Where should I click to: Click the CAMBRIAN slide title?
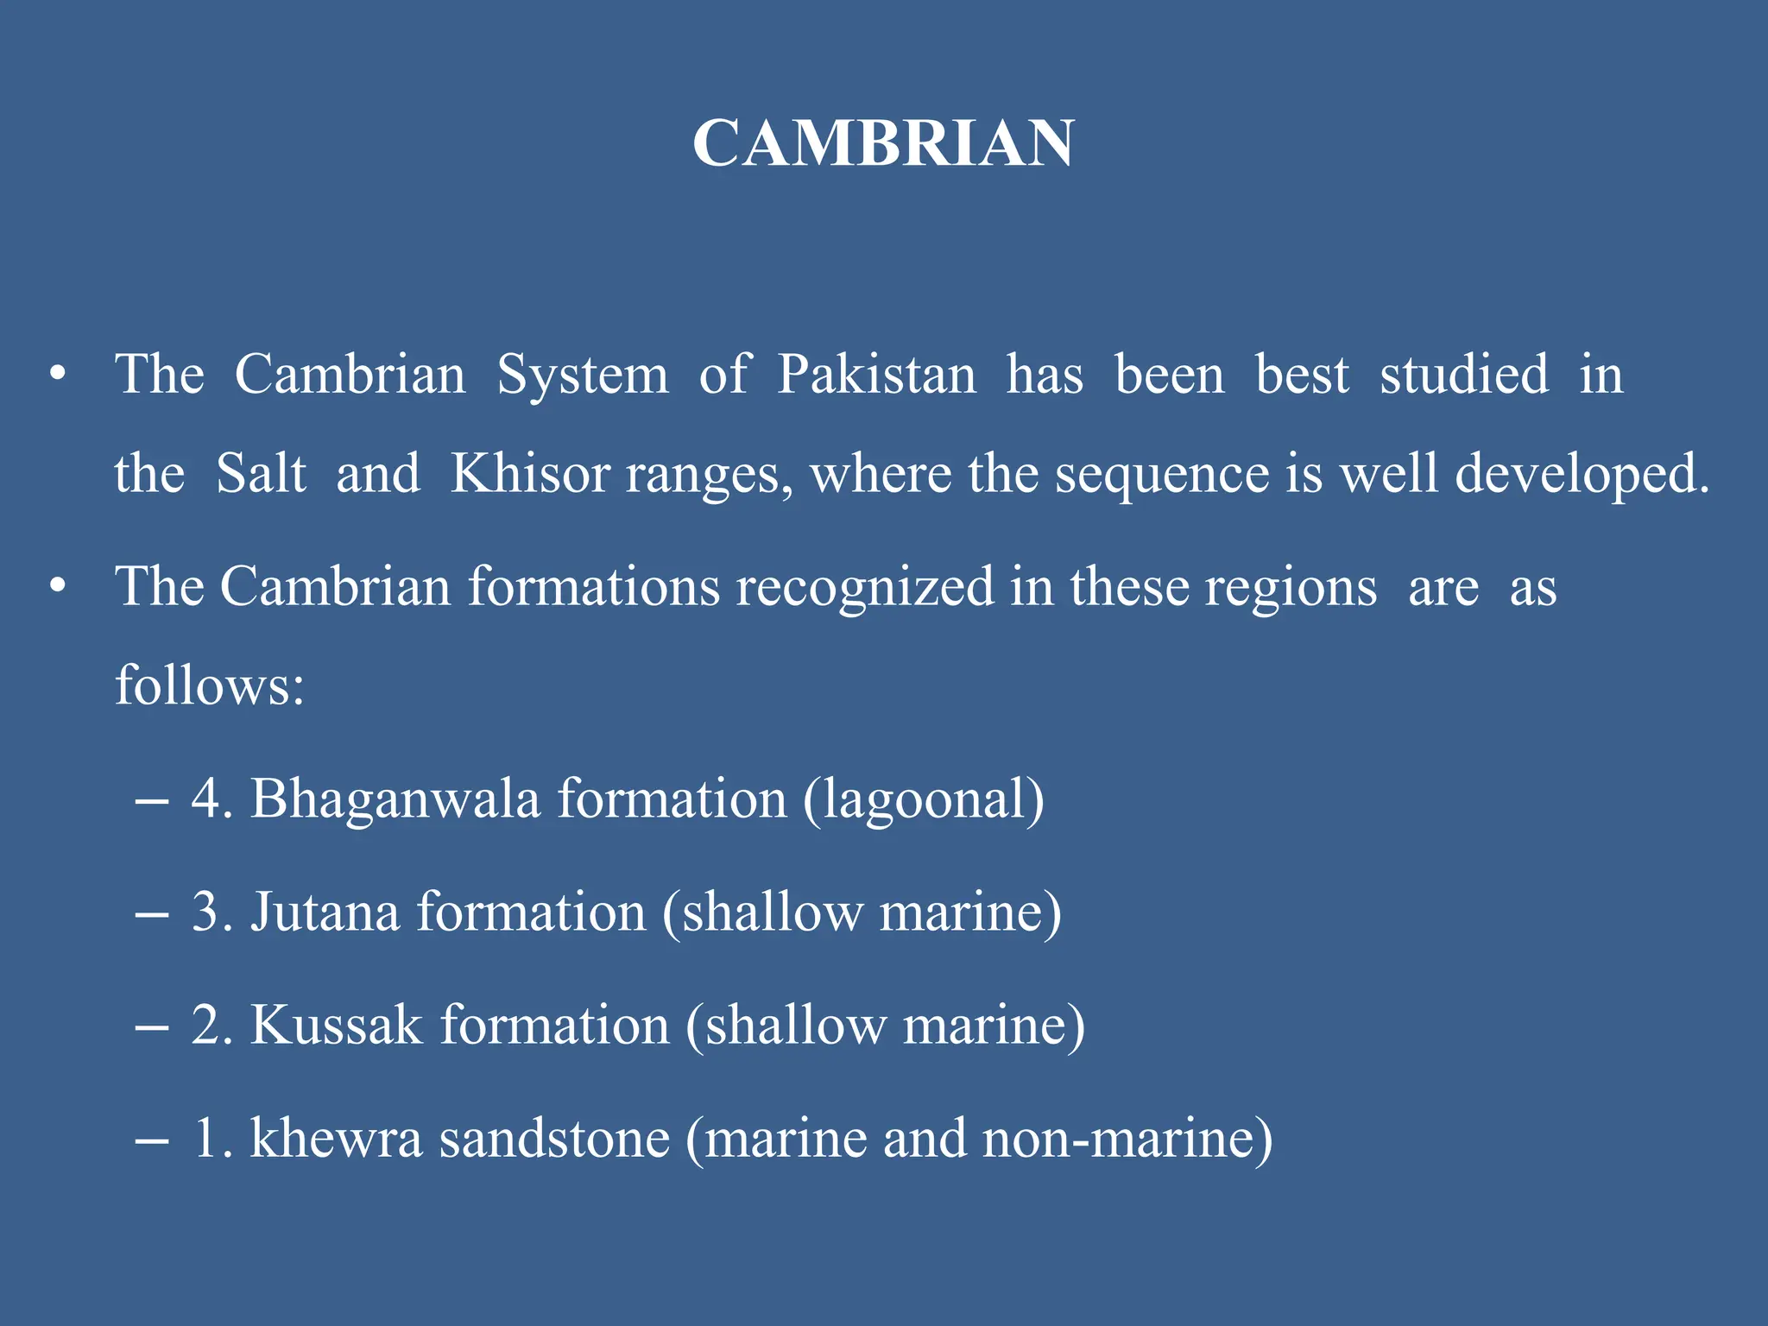point(883,143)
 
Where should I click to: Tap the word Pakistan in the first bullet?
point(876,376)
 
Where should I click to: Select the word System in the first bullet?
point(583,376)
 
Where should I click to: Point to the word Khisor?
point(530,474)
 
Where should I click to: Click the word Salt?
point(261,474)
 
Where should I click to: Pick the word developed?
point(1582,476)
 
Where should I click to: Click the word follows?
point(210,685)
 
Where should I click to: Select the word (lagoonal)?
point(924,799)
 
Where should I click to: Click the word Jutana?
point(325,912)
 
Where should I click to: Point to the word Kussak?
point(337,1026)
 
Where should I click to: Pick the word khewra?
point(336,1139)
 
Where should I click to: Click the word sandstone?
point(554,1139)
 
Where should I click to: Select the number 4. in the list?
point(212,799)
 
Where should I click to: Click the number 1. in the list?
point(212,1139)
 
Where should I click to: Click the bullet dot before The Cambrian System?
point(57,376)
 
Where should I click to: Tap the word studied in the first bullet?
point(1464,376)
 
